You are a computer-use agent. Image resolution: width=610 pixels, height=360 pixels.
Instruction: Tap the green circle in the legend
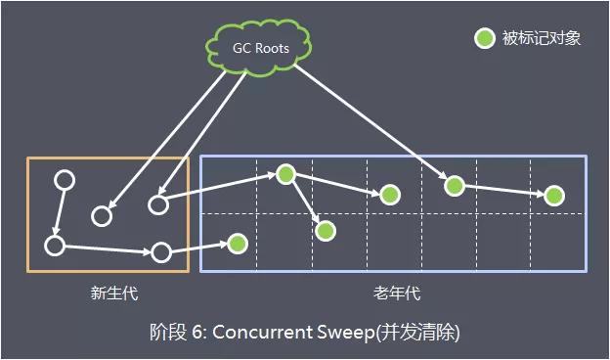484,39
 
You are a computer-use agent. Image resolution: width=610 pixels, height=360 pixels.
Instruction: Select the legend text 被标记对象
542,39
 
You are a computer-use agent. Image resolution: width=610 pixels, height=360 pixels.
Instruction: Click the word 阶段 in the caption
161,332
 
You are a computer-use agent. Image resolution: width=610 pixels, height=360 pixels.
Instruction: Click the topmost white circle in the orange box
64,181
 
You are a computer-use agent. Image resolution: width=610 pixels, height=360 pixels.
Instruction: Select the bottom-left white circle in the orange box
55,245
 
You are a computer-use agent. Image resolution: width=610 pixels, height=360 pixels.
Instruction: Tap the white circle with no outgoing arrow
101,215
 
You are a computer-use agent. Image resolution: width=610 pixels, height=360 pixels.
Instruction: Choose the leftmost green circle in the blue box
237,242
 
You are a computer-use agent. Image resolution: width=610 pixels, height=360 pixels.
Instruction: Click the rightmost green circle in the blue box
554,196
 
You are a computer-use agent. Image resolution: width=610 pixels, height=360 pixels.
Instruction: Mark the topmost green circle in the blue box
285,174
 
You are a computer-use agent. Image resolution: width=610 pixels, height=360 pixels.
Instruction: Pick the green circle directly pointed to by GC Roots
453,184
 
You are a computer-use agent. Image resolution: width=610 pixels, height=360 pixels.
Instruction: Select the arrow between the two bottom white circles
108,248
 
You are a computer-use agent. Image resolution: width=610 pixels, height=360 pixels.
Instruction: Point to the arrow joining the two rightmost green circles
503,190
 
